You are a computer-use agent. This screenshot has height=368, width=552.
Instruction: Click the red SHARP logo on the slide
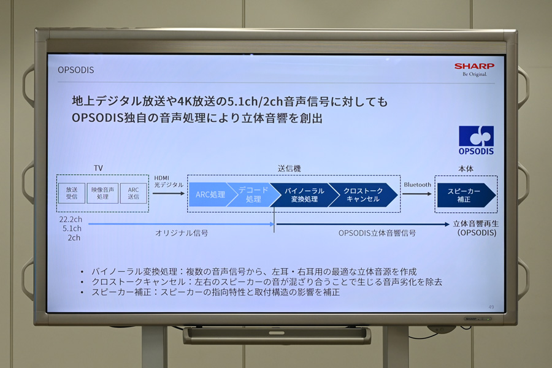click(474, 66)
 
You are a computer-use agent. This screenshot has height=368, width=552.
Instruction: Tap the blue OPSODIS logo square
click(476, 136)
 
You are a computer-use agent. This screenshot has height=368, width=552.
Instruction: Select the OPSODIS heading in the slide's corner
click(75, 70)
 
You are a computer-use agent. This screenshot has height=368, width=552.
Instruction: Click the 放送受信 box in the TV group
click(72, 193)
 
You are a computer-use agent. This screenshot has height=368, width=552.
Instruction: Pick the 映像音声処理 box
click(102, 193)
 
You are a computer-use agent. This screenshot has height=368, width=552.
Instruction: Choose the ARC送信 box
click(134, 193)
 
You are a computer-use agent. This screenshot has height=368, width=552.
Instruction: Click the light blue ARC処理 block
click(210, 194)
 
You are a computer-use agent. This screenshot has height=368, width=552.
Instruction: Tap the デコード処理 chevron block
click(251, 194)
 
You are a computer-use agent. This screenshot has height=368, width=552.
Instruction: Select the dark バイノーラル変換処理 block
click(303, 195)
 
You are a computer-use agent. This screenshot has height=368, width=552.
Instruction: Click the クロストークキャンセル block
click(362, 195)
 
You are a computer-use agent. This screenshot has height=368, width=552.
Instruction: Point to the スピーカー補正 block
click(466, 195)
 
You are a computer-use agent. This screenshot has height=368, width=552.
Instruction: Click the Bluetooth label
click(417, 185)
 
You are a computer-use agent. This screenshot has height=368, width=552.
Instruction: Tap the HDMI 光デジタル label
click(169, 182)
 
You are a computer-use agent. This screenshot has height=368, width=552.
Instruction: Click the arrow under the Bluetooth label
click(417, 194)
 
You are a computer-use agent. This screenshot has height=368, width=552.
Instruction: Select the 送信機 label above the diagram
click(289, 169)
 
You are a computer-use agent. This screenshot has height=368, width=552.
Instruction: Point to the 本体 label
click(466, 169)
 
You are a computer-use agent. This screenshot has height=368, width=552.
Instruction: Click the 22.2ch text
click(71, 220)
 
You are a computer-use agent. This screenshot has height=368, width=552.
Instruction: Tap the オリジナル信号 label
click(182, 233)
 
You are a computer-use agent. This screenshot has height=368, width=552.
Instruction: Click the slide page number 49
click(491, 307)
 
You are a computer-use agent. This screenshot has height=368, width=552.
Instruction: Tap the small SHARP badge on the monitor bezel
click(471, 319)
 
